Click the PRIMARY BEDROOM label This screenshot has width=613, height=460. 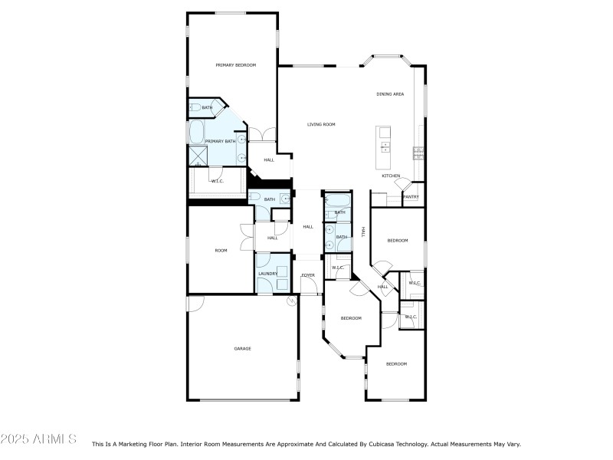tap(235, 65)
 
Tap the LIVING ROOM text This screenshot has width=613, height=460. tap(321, 124)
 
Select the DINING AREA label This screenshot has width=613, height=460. tap(390, 94)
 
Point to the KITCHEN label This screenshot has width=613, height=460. tap(391, 176)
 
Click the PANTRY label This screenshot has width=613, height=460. tap(411, 197)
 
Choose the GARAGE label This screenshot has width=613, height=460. tap(242, 349)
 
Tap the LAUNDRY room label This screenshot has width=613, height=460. tap(267, 274)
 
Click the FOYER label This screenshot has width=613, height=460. tap(308, 274)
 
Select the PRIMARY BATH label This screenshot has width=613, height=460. tap(220, 141)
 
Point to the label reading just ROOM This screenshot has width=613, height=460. tap(221, 251)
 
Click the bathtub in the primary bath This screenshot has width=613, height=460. tap(196, 132)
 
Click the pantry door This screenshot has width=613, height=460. tap(411, 186)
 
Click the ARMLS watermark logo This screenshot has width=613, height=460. tap(38, 439)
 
